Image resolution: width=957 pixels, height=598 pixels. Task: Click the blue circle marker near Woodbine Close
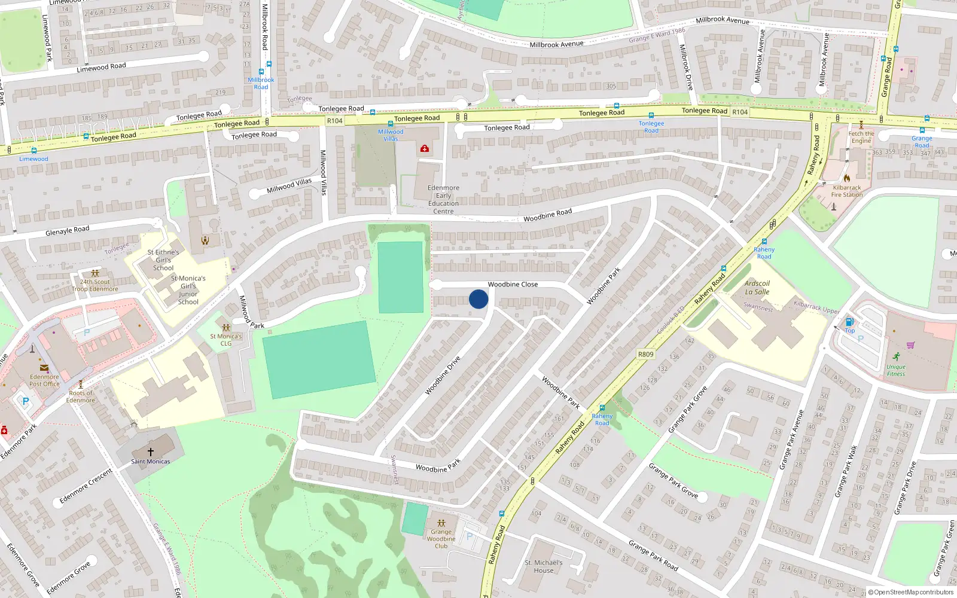click(478, 299)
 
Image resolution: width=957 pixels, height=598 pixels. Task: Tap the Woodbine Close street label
click(513, 285)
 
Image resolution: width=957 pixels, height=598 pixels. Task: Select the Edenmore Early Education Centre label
click(443, 199)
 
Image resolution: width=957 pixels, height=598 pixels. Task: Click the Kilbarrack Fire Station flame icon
click(847, 178)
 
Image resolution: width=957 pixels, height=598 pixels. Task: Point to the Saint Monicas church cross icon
click(151, 452)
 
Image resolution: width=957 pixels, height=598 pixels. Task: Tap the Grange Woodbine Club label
click(441, 539)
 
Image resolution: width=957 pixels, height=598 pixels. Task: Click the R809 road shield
click(645, 354)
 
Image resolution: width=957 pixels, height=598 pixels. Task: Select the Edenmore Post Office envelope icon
click(44, 368)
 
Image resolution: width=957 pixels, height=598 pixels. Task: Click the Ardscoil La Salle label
click(757, 288)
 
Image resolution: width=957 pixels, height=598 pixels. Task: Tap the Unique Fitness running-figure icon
click(896, 356)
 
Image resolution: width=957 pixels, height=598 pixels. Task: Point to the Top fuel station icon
click(849, 322)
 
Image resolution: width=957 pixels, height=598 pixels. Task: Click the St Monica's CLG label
click(225, 340)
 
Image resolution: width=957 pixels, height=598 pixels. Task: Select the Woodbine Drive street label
click(443, 376)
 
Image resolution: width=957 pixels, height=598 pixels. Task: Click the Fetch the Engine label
click(861, 137)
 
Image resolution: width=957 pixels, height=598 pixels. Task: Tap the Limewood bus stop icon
click(33, 151)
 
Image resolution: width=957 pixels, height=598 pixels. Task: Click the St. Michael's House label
click(543, 566)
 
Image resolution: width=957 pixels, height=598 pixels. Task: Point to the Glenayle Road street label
click(67, 230)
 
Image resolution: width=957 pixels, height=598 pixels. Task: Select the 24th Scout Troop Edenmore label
click(95, 285)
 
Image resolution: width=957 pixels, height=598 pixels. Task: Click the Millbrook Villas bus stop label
click(391, 135)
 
